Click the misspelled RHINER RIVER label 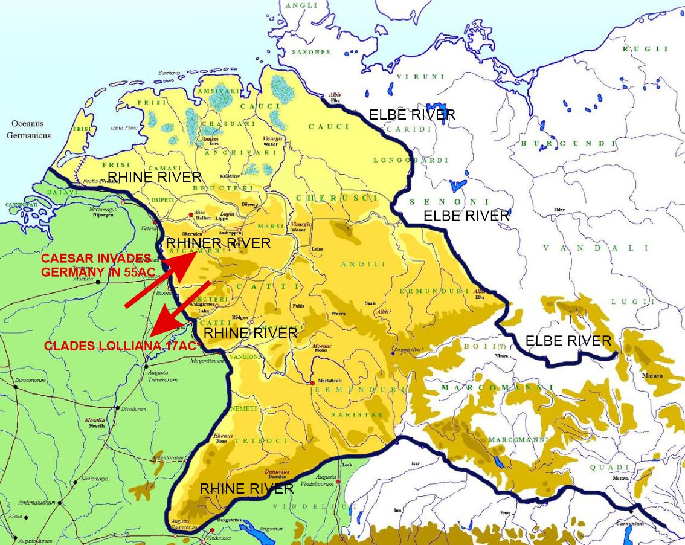pos(218,243)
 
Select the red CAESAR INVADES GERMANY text pos(96,265)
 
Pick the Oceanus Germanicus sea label pos(28,131)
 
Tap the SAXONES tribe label pos(311,53)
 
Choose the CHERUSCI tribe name pos(337,198)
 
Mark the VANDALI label pos(595,248)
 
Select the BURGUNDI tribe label pos(568,144)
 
